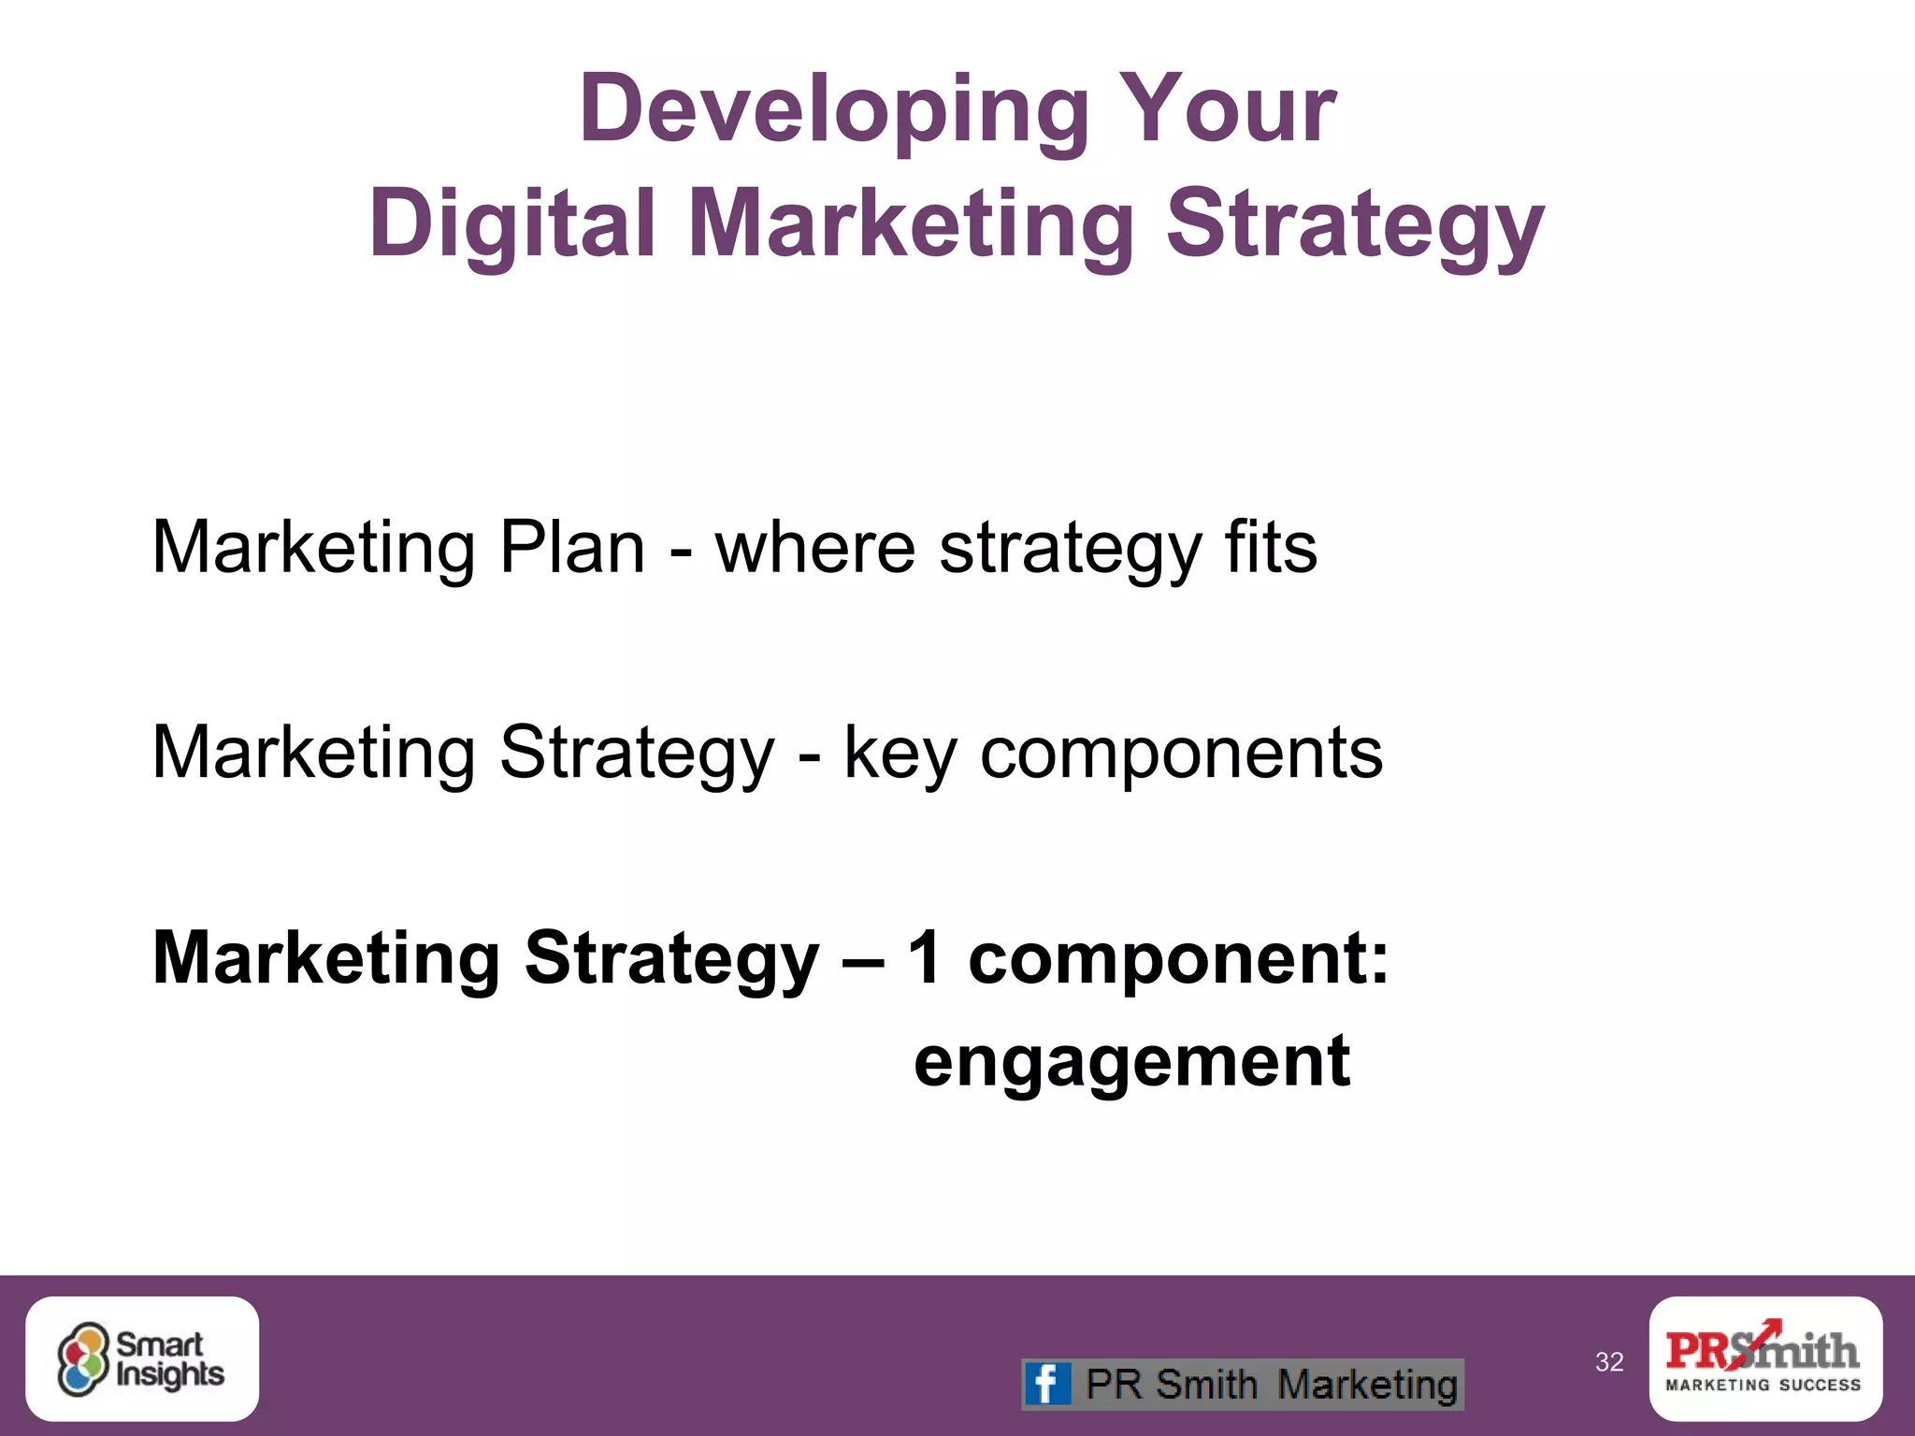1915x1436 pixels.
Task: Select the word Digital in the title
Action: point(511,223)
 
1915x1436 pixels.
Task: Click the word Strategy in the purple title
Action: point(1355,225)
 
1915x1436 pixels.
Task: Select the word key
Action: point(900,754)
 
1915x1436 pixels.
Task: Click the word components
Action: point(1181,754)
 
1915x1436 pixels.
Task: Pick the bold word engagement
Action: point(1131,1062)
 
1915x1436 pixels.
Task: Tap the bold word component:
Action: point(1178,959)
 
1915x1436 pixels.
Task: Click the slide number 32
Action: point(1609,1362)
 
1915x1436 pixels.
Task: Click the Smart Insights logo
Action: point(142,1359)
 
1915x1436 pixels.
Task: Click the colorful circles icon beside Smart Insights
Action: point(83,1359)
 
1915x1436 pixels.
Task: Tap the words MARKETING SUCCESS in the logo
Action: point(1764,1386)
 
